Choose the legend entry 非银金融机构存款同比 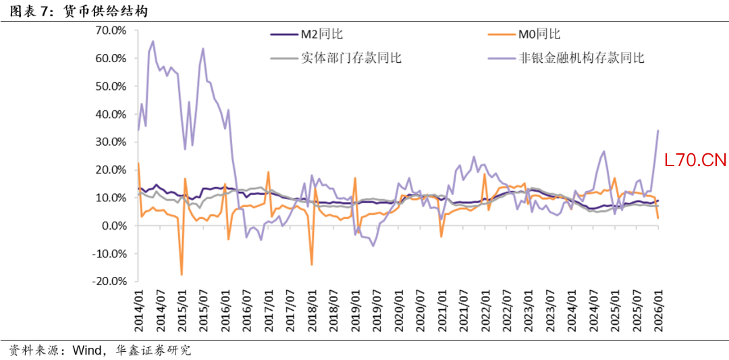pyautogui.click(x=581, y=57)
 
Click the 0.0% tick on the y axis pyautogui.click(x=114, y=226)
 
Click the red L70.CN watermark pyautogui.click(x=695, y=160)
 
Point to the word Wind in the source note pyautogui.click(x=87, y=351)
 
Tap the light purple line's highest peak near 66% pyautogui.click(x=153, y=41)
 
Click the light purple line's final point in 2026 pyautogui.click(x=658, y=130)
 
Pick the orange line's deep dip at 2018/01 pyautogui.click(x=311, y=264)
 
